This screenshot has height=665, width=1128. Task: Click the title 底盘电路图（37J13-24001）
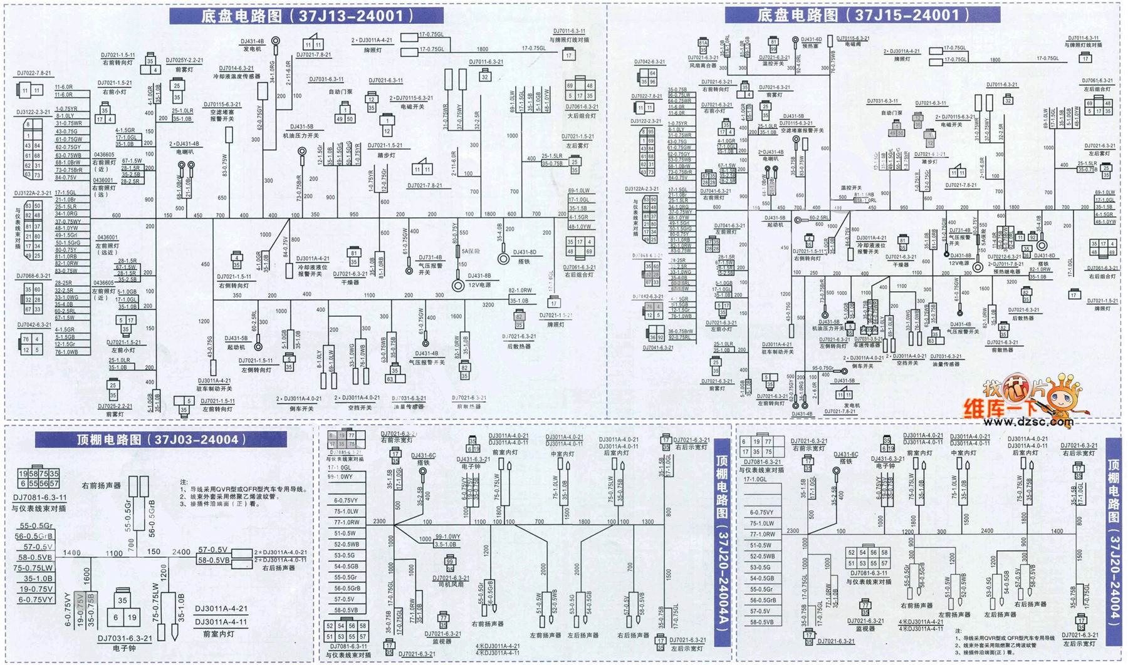pos(306,16)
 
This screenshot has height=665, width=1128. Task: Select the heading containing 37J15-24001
pos(863,15)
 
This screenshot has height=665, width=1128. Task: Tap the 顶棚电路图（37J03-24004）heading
pos(160,440)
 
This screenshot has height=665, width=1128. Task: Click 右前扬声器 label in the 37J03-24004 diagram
pos(101,485)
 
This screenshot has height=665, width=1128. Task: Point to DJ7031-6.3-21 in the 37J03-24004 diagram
pos(125,639)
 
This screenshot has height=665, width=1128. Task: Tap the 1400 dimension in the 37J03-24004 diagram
pos(72,553)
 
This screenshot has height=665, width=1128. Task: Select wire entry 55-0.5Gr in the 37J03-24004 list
pos(36,526)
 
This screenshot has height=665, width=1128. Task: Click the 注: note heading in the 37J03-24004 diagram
pos(184,482)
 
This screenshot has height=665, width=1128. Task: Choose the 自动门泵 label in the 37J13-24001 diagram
pos(340,91)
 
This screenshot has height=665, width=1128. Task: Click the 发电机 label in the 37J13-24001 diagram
pos(252,49)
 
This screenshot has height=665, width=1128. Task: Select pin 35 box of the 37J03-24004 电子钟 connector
pos(122,601)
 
